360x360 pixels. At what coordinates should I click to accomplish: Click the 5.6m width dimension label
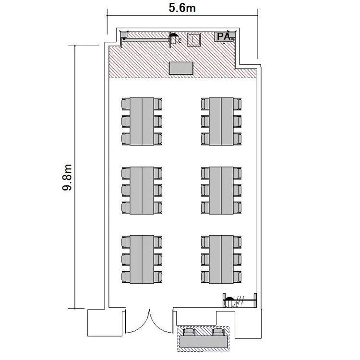coord(182,8)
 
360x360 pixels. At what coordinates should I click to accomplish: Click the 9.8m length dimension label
coord(67,177)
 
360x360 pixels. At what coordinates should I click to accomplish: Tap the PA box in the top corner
coord(225,37)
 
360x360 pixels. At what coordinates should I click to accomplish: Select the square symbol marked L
coord(194,39)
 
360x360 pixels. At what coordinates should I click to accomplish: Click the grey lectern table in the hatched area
coord(181,68)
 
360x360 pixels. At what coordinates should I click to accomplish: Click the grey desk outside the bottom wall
coord(204,342)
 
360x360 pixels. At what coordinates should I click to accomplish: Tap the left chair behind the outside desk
coord(190,332)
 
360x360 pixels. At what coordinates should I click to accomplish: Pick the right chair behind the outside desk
coord(217,332)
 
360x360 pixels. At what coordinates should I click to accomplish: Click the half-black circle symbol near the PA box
coord(174,38)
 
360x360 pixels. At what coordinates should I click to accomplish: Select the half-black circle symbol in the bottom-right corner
coord(229,302)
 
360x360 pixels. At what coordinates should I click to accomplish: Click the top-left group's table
coord(142,121)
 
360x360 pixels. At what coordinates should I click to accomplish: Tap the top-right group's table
coord(221,121)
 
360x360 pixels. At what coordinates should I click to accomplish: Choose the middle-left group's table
coord(142,191)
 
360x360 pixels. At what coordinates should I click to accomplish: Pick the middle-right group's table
coord(221,191)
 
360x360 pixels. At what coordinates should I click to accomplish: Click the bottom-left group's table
coord(142,259)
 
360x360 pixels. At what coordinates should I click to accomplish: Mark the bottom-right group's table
coord(221,259)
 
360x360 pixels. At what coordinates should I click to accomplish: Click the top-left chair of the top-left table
coord(126,104)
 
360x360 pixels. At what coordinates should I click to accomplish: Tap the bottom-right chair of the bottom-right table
coord(238,276)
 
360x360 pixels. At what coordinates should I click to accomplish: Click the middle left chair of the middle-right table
coord(205,191)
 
